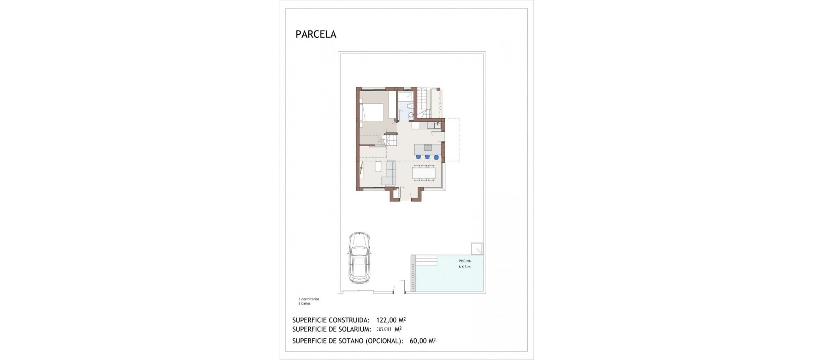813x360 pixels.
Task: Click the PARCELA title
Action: tap(316, 35)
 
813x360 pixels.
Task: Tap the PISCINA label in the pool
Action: tap(465, 261)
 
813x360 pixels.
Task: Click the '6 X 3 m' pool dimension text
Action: tap(465, 267)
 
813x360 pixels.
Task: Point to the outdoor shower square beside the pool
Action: tap(477, 248)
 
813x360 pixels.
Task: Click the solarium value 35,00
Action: tap(384, 329)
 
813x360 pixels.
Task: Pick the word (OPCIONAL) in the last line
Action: tap(384, 340)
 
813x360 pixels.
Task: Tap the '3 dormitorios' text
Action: tap(309, 299)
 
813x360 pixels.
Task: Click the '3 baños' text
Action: tap(304, 303)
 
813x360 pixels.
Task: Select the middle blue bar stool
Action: tap(427, 157)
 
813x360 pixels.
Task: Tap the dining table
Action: tap(424, 173)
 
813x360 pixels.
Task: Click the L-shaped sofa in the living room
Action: tap(93, 176)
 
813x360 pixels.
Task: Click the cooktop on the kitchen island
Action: tap(428, 148)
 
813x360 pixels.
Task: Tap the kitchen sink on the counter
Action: tap(437, 125)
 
